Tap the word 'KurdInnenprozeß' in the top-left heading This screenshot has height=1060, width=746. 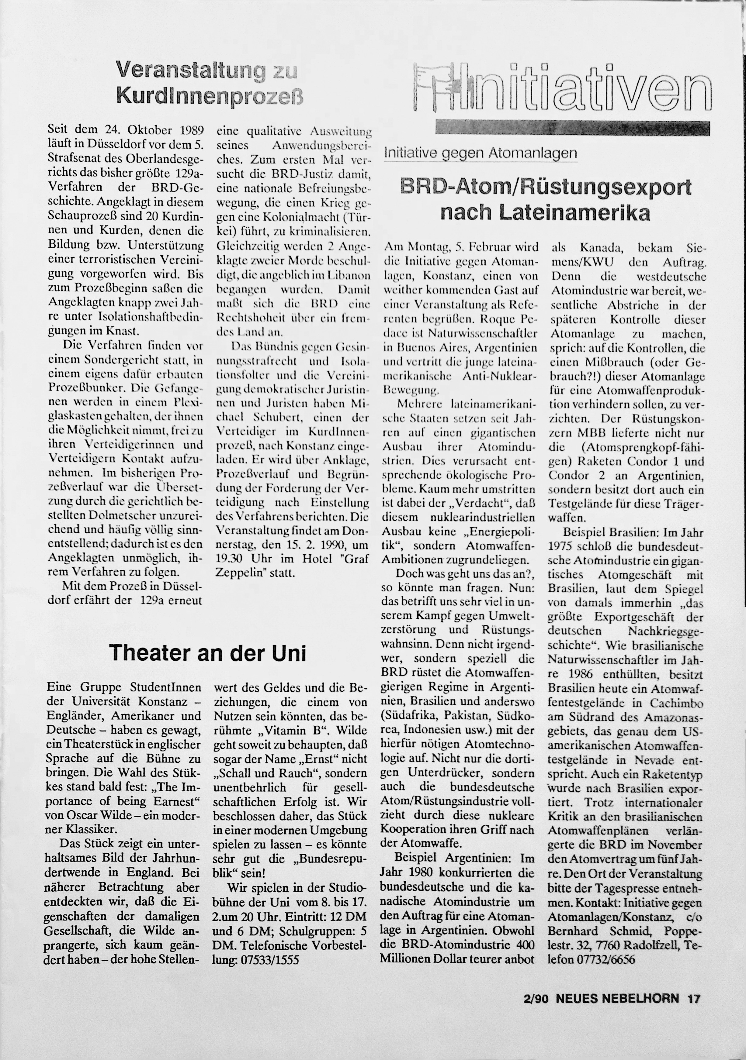click(210, 95)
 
